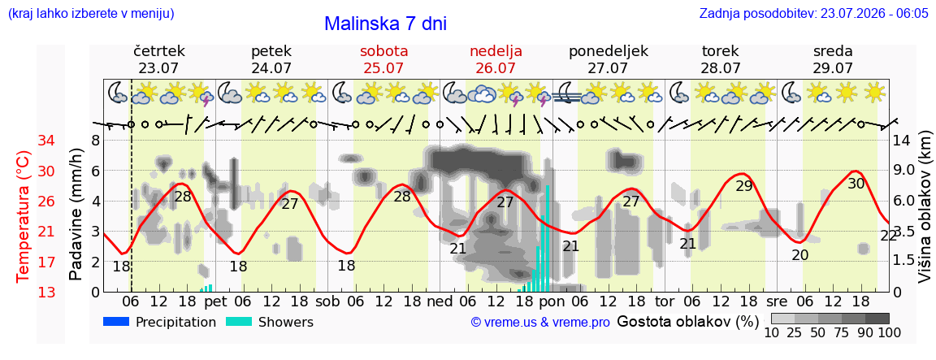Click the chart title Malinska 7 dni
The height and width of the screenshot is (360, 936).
tap(386, 24)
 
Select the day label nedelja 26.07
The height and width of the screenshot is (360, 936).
tap(496, 59)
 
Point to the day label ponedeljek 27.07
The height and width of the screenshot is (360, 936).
tap(609, 59)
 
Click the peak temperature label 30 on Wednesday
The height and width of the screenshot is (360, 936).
tap(856, 184)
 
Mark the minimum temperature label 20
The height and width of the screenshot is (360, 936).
tap(799, 255)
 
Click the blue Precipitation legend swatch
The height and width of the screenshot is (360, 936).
tap(116, 322)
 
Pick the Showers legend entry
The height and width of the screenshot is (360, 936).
tap(270, 323)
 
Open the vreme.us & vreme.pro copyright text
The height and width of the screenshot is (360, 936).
tap(540, 323)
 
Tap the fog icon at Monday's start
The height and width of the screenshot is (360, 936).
tap(565, 93)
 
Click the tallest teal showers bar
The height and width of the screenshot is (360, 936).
tap(548, 238)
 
